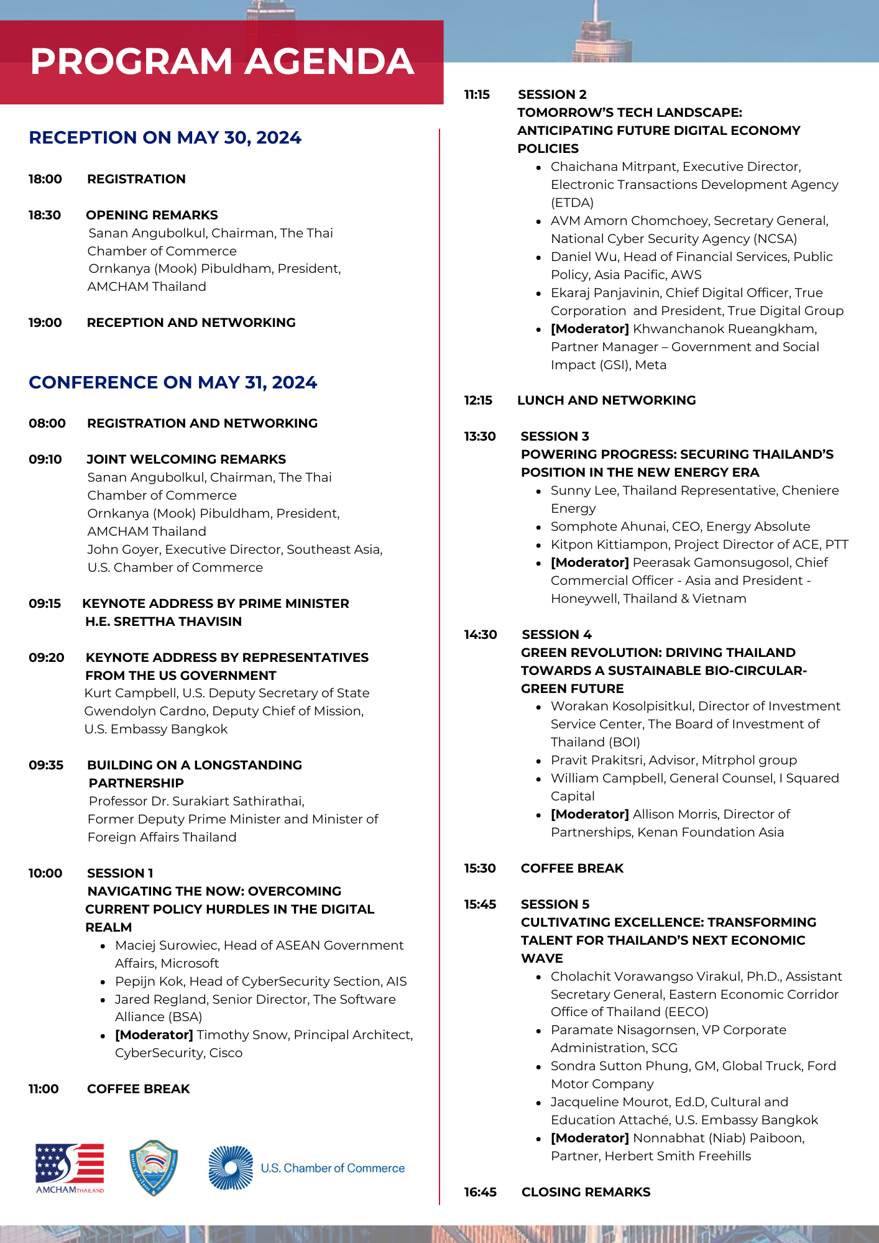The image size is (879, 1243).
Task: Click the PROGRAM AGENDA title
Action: click(x=222, y=62)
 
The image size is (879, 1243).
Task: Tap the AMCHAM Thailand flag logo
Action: click(x=70, y=1167)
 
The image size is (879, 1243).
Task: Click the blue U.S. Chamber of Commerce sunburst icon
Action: click(x=231, y=1168)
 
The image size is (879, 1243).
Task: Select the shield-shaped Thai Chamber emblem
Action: click(x=154, y=1167)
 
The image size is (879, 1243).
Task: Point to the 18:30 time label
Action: click(x=45, y=215)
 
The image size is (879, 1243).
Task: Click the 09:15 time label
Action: click(x=45, y=603)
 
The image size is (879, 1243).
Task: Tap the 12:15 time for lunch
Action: click(x=478, y=400)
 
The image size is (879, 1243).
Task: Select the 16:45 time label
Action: click(x=480, y=1192)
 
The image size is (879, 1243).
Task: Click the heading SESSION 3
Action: click(x=555, y=436)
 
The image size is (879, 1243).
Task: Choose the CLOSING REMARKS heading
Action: click(x=586, y=1192)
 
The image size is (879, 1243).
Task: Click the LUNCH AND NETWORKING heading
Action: click(x=606, y=400)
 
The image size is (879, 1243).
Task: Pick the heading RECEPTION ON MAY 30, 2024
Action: click(x=165, y=137)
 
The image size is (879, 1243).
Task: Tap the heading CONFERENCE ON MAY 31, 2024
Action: click(x=173, y=382)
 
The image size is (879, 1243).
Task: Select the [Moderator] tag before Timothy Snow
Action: click(x=154, y=1035)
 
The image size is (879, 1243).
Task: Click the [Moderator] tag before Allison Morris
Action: click(x=589, y=814)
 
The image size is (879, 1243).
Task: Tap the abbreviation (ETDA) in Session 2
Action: click(x=572, y=203)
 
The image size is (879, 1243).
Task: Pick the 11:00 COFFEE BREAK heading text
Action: click(x=138, y=1089)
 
